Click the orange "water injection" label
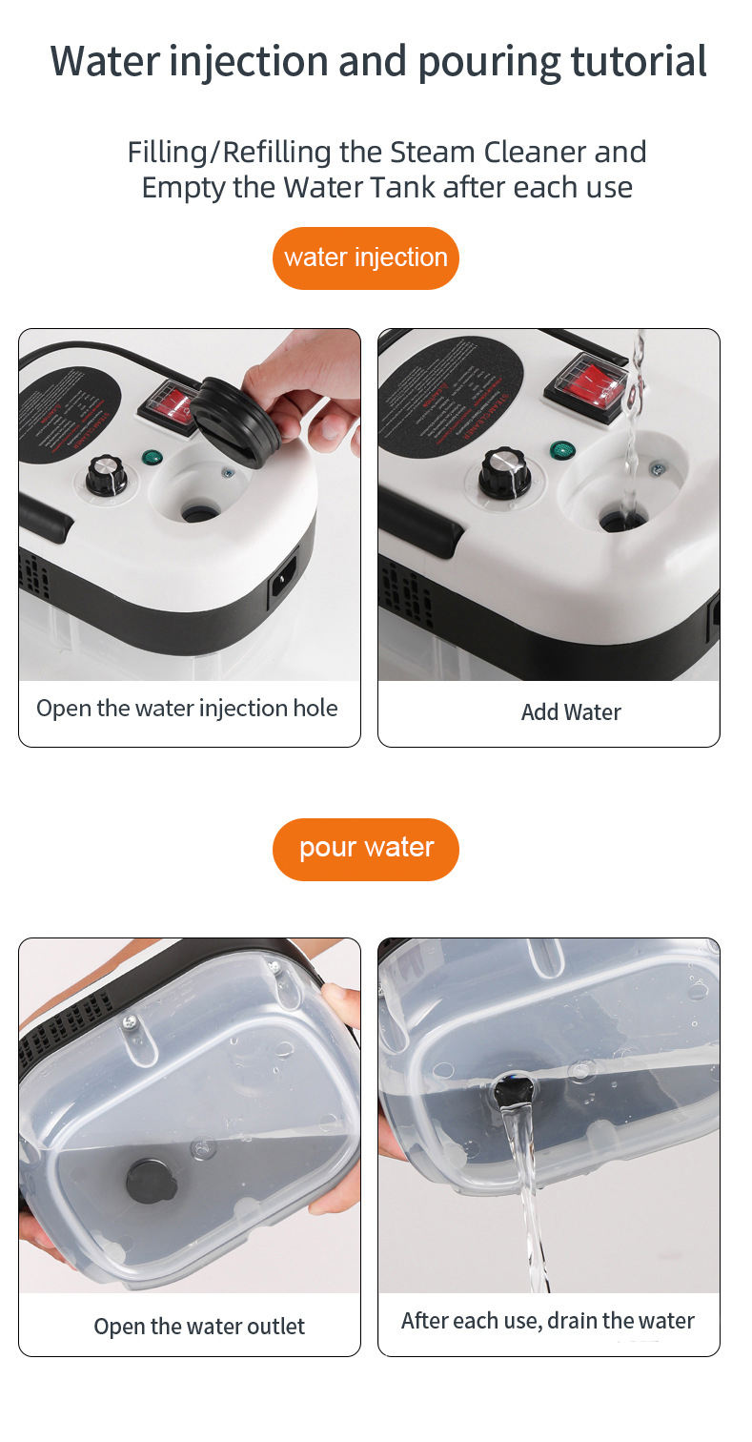click(365, 257)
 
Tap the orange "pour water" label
click(366, 848)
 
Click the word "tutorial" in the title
click(638, 61)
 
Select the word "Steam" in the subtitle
click(433, 152)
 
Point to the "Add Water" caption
click(570, 712)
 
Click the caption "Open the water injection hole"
click(187, 709)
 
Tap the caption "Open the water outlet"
click(199, 1327)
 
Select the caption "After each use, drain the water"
click(547, 1321)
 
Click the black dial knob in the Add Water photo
click(504, 470)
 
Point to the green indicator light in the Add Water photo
click(560, 450)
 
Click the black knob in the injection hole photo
click(106, 475)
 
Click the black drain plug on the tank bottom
click(152, 1181)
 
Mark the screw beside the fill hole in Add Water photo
click(657, 468)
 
